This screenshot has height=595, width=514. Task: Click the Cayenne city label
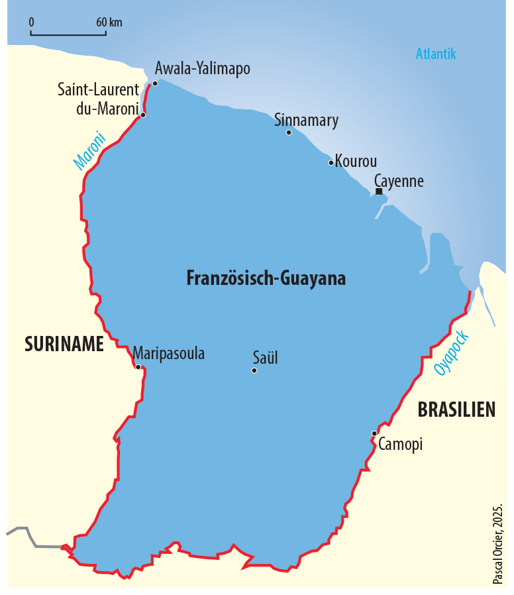pyautogui.click(x=398, y=181)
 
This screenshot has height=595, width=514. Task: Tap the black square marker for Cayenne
pyautogui.click(x=379, y=191)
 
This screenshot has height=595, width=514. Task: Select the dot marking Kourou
pyautogui.click(x=331, y=162)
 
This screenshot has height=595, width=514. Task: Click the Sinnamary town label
pyautogui.click(x=306, y=120)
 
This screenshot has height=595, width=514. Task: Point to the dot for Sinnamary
pyautogui.click(x=289, y=133)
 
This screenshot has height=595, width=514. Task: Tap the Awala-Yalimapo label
pyautogui.click(x=202, y=68)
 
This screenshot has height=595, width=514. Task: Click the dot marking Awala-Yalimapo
pyautogui.click(x=155, y=83)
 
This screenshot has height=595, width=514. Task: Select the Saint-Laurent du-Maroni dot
pyautogui.click(x=143, y=115)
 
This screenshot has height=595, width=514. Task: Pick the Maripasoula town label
pyautogui.click(x=169, y=353)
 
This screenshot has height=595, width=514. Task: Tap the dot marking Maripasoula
pyautogui.click(x=138, y=366)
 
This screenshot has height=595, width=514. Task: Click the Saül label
pyautogui.click(x=265, y=358)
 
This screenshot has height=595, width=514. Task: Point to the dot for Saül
pyautogui.click(x=254, y=370)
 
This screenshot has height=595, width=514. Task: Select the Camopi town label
pyautogui.click(x=400, y=445)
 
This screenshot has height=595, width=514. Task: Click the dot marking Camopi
pyautogui.click(x=374, y=433)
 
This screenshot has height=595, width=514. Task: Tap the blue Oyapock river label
pyautogui.click(x=452, y=353)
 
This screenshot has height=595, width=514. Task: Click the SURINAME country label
pyautogui.click(x=64, y=344)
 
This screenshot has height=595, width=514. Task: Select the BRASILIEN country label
pyautogui.click(x=456, y=410)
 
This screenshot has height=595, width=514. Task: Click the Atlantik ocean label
pyautogui.click(x=436, y=54)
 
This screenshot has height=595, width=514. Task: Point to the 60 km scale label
pyautogui.click(x=109, y=22)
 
